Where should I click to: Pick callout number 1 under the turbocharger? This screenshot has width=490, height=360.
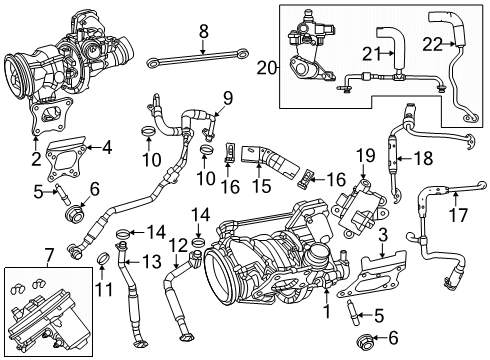[x=325, y=310]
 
